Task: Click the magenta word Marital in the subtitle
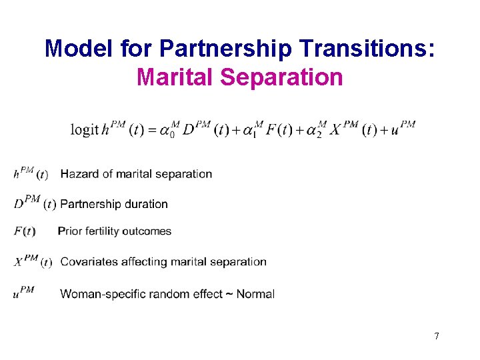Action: pyautogui.click(x=175, y=77)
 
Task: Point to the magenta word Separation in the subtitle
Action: pyautogui.click(x=281, y=77)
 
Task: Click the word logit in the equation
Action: pyautogui.click(x=85, y=130)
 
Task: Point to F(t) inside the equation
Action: pyautogui.click(x=279, y=130)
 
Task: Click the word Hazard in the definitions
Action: pyautogui.click(x=79, y=174)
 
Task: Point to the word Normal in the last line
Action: pyautogui.click(x=255, y=294)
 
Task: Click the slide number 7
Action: pyautogui.click(x=436, y=336)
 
